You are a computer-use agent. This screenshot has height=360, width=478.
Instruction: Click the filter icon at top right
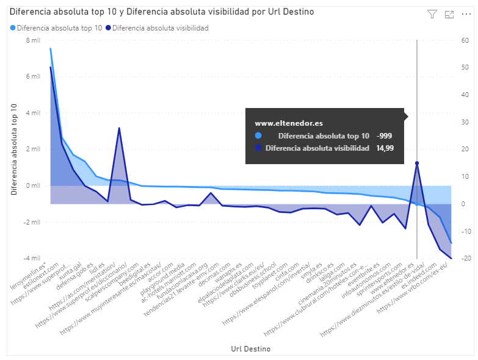[x=432, y=14]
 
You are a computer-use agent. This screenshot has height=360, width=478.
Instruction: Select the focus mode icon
[x=449, y=14]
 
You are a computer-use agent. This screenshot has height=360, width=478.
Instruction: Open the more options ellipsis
[x=466, y=14]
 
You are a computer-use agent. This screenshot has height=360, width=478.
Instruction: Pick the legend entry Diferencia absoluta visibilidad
[x=161, y=27]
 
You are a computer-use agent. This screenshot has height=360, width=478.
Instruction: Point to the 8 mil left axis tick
[x=32, y=40]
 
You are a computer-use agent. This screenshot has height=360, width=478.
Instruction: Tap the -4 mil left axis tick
[x=32, y=258]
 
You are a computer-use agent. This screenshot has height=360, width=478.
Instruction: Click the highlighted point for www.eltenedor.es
[x=417, y=163]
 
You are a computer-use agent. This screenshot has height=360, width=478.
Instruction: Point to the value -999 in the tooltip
[x=385, y=136]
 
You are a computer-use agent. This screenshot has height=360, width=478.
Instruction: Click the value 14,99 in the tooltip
[x=385, y=148]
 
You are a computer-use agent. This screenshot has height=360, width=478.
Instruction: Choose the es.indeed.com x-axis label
[x=424, y=278]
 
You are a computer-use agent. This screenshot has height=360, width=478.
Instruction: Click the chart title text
[x=162, y=12]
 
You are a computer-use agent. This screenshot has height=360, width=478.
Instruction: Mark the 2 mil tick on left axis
[x=32, y=149]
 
